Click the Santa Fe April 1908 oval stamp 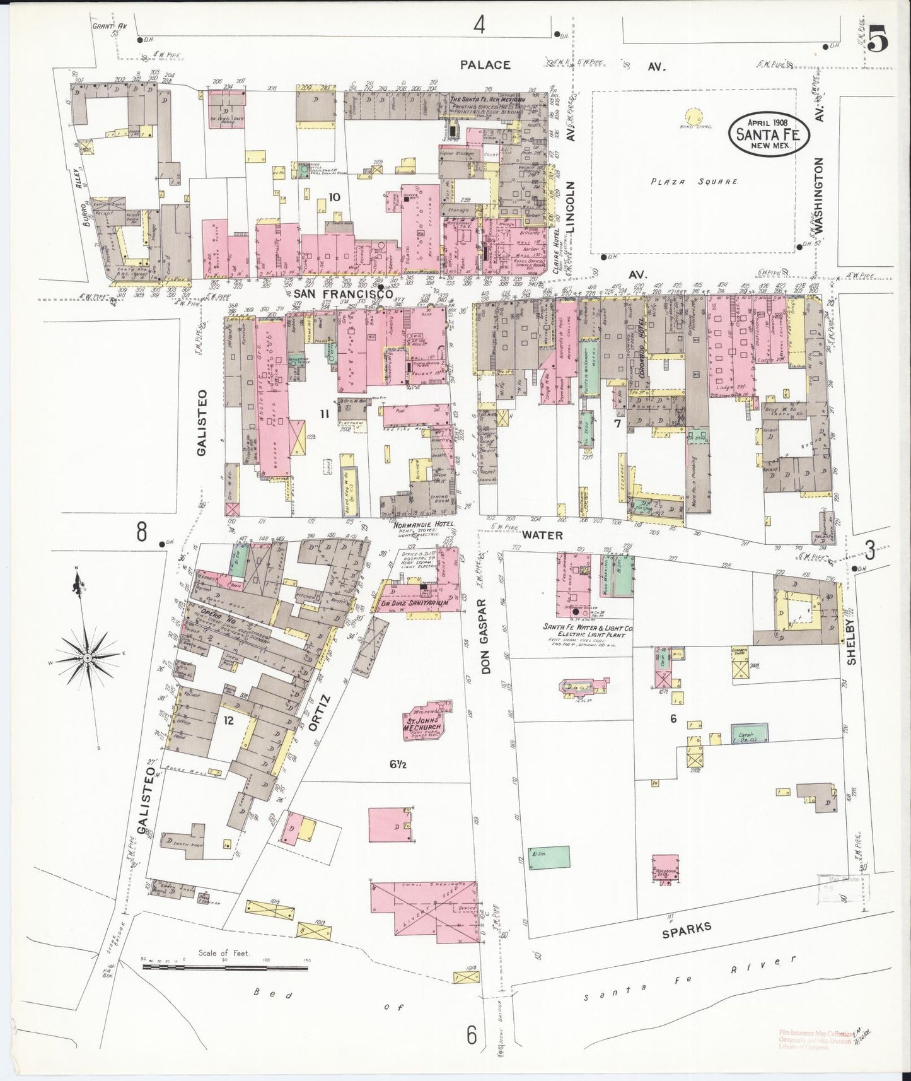pyautogui.click(x=769, y=132)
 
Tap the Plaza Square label pyautogui.click(x=694, y=182)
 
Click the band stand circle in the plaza pyautogui.click(x=693, y=117)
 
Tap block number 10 pyautogui.click(x=334, y=197)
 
